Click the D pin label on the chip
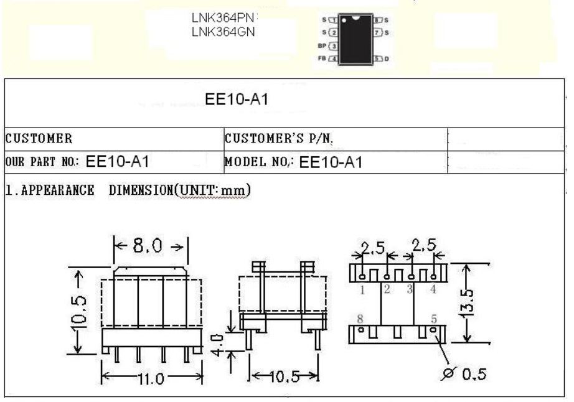(387, 58)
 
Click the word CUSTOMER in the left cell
(39, 138)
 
